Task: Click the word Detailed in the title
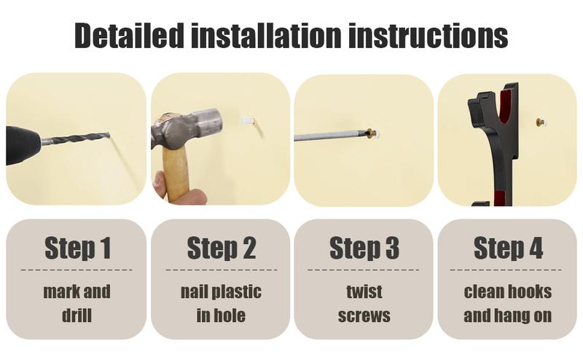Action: [x=130, y=35]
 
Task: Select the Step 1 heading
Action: [x=78, y=248]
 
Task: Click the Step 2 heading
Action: [x=222, y=248]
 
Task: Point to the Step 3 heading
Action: [x=364, y=248]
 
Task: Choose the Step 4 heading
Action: [x=508, y=248]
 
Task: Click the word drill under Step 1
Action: [x=77, y=316]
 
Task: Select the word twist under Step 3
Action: [x=364, y=291]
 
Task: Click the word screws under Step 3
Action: [x=364, y=316]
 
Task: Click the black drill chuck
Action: [x=23, y=145]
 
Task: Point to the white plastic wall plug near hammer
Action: [x=247, y=122]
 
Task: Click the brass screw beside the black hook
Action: [x=540, y=122]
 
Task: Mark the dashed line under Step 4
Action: [x=506, y=270]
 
